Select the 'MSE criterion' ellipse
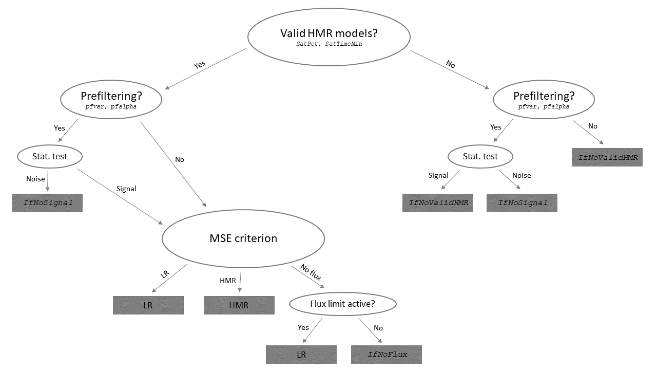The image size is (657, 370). coord(243,238)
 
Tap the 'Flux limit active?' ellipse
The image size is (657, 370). coord(342,304)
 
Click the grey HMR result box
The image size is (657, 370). coord(239,305)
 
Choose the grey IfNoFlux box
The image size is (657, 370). coord(387,355)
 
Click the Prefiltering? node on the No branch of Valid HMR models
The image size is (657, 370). coord(544,100)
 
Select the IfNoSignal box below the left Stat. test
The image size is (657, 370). coord(47,202)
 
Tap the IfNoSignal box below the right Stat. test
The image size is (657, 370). coord(522,202)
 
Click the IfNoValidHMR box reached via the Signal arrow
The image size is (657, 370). coord(438,202)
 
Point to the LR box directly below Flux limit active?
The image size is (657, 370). coord(301,355)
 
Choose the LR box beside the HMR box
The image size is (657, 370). coord(148,305)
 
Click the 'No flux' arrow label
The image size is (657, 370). coord(311,274)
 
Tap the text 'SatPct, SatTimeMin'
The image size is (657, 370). coord(328,45)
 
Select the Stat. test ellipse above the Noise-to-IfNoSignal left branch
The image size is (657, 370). coord(49,156)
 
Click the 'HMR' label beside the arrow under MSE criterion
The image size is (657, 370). coord(227,281)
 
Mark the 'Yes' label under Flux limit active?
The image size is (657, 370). coord(303,327)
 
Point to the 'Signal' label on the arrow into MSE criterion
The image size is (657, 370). coord(126,189)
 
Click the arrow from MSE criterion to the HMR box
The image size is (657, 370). coord(240,282)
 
